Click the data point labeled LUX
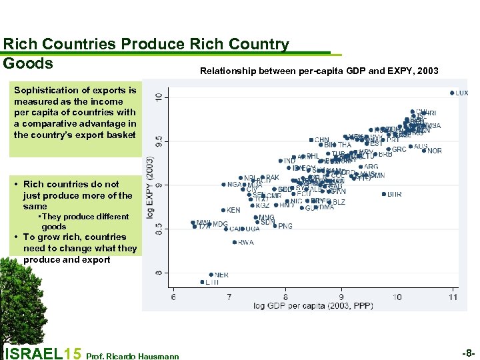(x=451, y=93)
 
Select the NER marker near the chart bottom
(x=211, y=274)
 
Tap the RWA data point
(x=235, y=242)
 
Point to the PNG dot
(x=275, y=226)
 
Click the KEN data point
(x=223, y=210)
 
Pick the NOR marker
(x=424, y=151)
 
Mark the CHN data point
(x=311, y=140)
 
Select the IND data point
(x=280, y=161)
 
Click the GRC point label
(x=399, y=150)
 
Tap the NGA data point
(x=223, y=185)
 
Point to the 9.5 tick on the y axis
(x=158, y=140)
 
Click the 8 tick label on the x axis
(x=285, y=297)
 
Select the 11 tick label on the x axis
(x=453, y=297)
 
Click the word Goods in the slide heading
(x=28, y=63)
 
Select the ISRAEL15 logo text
(x=43, y=353)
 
